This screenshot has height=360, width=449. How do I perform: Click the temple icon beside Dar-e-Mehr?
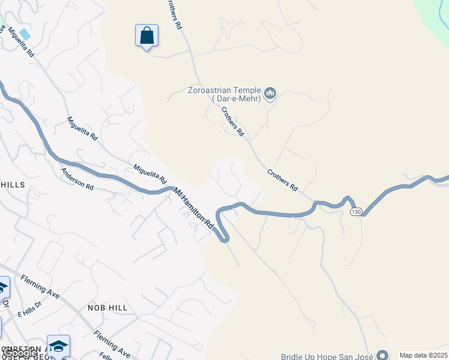tap(270, 94)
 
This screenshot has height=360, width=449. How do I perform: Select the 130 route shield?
tap(357, 212)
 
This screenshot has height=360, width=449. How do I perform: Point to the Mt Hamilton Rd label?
tap(194, 208)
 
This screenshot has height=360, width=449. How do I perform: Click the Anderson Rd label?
tap(77, 179)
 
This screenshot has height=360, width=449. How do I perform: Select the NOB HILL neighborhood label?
tap(107, 308)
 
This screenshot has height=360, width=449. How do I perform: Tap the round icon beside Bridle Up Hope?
tap(382, 355)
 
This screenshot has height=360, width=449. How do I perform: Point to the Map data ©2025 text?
tap(423, 355)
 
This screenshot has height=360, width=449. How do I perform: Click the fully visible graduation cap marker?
tap(58, 346)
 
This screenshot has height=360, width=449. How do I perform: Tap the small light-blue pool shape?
tap(25, 34)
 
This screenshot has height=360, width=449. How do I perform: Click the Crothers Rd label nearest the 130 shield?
tap(282, 179)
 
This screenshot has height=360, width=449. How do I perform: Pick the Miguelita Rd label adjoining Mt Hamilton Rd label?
tap(150, 175)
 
